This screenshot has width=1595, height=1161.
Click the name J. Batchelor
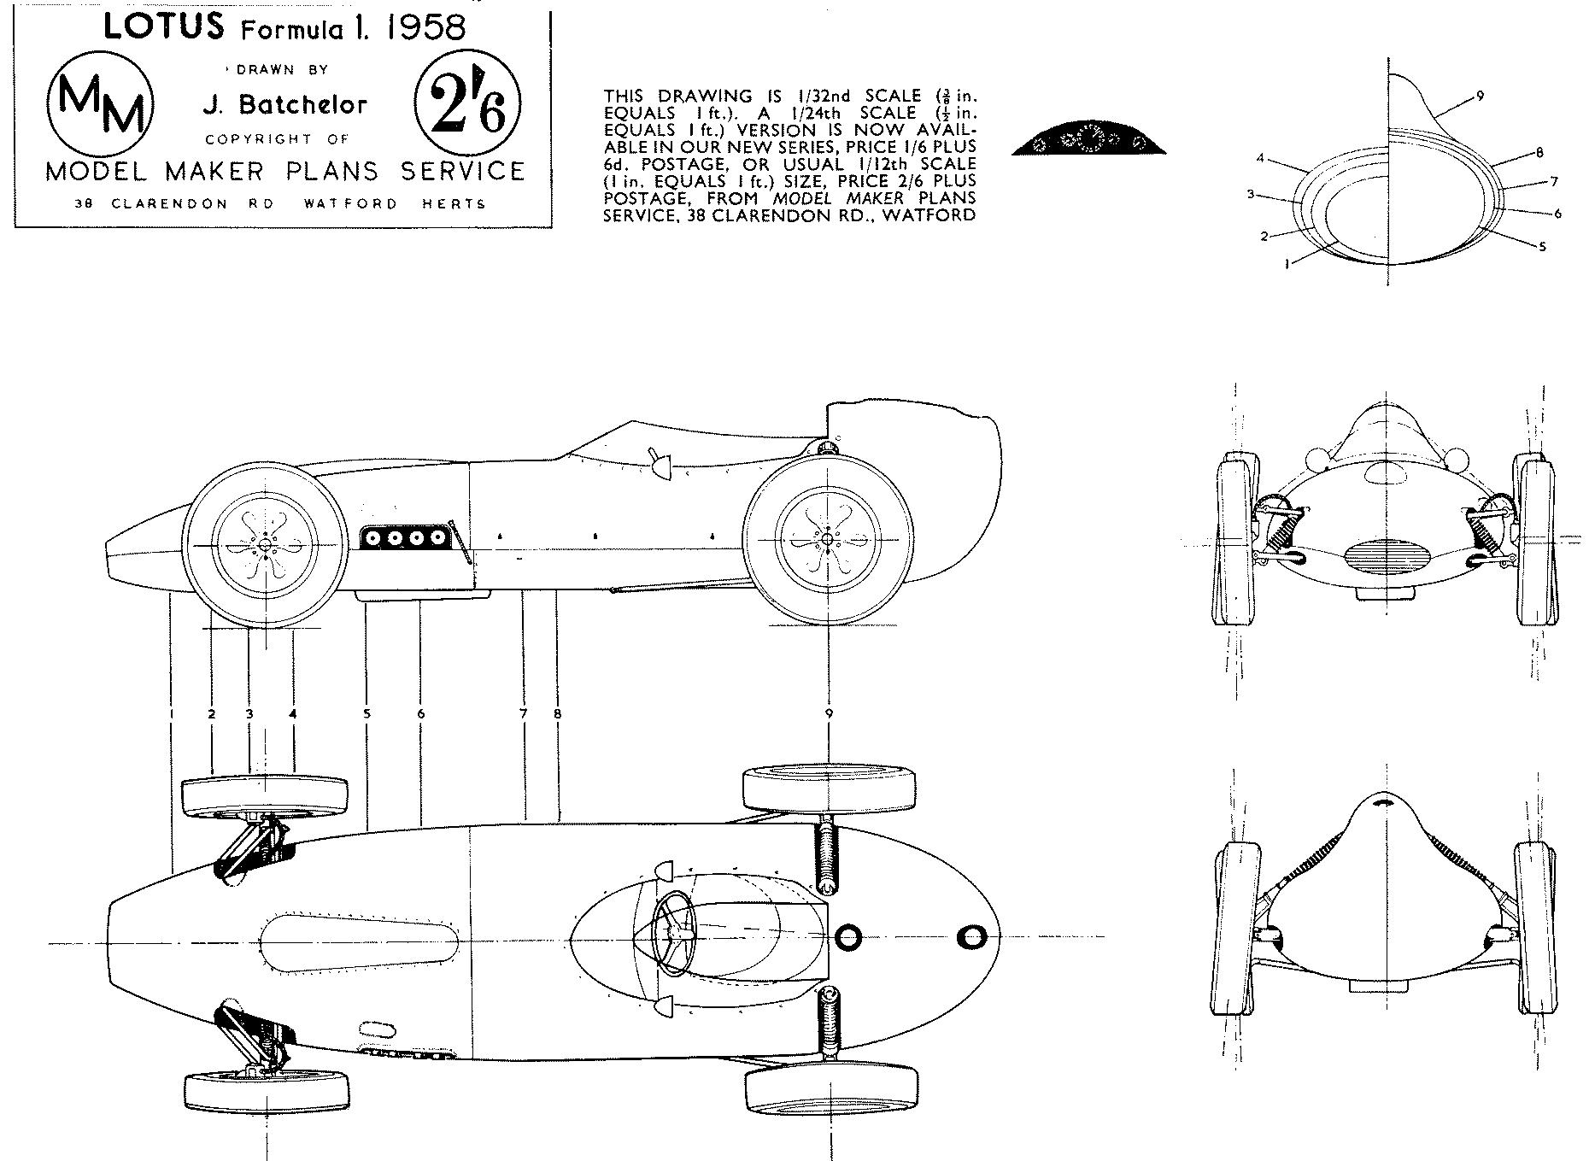pos(284,104)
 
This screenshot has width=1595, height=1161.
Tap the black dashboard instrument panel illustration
pos(1089,142)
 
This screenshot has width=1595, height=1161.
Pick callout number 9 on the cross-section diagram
pos(1480,96)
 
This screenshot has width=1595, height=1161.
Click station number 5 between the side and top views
pos(366,713)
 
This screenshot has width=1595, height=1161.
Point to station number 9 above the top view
pos(829,713)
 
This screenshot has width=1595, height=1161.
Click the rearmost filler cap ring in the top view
pos(972,937)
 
